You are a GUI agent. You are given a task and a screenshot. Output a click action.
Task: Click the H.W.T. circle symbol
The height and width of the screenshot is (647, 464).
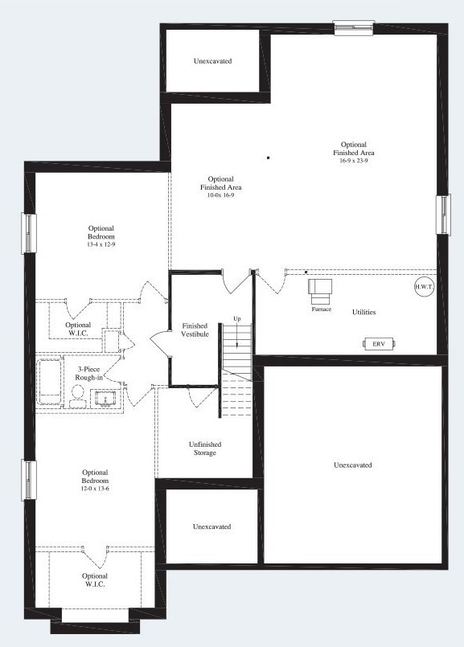click(x=423, y=288)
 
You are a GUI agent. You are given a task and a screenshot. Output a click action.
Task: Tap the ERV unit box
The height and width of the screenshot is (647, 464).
click(x=378, y=343)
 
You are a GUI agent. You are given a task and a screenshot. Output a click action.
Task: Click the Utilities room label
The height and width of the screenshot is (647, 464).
click(x=363, y=312)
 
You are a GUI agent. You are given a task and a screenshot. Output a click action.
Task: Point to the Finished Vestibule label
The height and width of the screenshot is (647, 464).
click(x=195, y=329)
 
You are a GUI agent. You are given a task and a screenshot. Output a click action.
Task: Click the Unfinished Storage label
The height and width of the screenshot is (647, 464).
click(x=204, y=448)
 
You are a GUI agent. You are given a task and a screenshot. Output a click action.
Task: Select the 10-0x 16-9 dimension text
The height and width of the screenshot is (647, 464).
click(x=220, y=195)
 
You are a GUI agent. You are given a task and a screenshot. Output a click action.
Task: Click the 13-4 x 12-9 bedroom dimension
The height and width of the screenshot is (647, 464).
click(x=101, y=244)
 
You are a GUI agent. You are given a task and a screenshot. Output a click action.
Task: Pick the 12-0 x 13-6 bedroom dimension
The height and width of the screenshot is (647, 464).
click(x=95, y=488)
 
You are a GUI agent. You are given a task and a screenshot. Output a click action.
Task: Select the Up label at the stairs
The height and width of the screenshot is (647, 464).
click(x=236, y=319)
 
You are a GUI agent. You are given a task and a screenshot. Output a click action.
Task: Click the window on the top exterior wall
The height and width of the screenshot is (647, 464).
click(x=353, y=27)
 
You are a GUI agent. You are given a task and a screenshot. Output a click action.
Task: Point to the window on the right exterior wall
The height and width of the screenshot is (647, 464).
click(x=443, y=215)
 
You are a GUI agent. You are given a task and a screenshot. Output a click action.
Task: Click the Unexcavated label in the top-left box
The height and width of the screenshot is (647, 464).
click(x=213, y=61)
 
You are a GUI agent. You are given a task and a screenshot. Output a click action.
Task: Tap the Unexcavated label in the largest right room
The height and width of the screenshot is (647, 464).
click(x=353, y=465)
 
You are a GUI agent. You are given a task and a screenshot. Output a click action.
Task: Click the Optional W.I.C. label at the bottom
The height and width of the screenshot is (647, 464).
click(x=95, y=579)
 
